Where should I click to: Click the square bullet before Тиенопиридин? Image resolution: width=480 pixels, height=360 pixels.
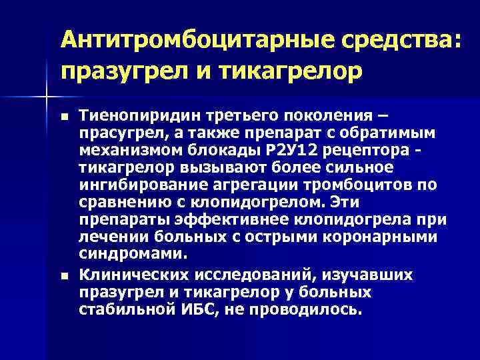click(63, 116)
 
